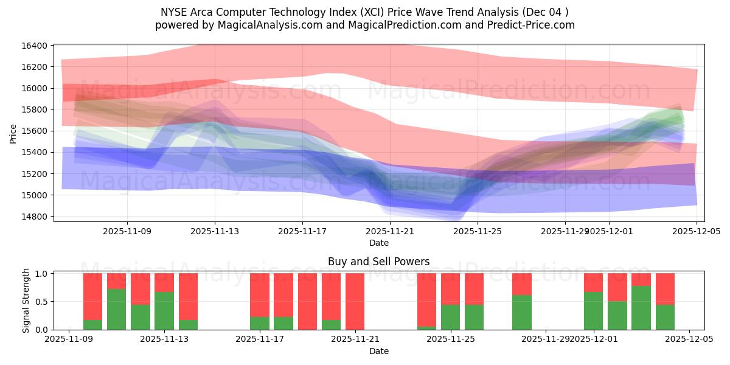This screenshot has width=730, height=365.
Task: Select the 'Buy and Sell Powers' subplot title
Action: [x=378, y=262]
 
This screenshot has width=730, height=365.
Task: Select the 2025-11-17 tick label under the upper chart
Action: [x=302, y=231]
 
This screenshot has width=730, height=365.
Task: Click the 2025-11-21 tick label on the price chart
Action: [x=390, y=231]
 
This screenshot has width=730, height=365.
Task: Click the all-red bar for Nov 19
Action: [x=307, y=301]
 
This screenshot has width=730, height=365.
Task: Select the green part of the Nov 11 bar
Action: [x=116, y=309]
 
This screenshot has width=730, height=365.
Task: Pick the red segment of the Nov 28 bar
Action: [x=522, y=283]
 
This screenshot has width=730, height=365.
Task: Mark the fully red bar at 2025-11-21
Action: [x=355, y=301]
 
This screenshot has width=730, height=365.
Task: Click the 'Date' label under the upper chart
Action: [x=378, y=243]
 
